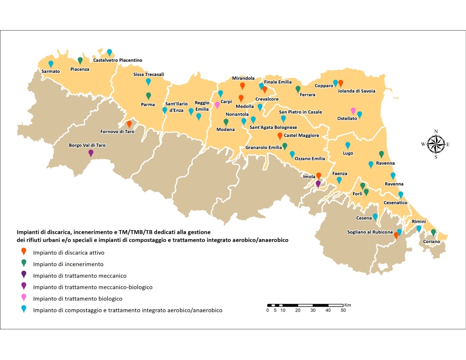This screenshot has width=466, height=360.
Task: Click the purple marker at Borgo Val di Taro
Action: [91, 153]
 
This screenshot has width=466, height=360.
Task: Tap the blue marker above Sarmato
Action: [51, 63]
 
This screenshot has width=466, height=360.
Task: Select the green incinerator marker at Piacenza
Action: [80, 60]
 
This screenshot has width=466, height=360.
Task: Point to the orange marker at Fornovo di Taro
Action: [129, 124]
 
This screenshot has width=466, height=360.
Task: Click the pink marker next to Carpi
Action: [217, 105]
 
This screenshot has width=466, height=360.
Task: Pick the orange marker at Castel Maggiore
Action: [280, 136]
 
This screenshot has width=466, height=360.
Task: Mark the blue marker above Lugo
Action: [348, 145]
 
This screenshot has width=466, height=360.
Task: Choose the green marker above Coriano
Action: [433, 232]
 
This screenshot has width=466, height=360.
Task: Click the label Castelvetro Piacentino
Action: [117, 60]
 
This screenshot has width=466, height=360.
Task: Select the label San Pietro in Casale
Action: [301, 112]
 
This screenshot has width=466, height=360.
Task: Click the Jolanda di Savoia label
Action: [357, 91]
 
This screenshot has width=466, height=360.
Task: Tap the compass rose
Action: [436, 143]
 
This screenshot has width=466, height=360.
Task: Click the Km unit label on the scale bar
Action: [347, 305]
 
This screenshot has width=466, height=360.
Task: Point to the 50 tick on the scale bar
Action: [343, 310]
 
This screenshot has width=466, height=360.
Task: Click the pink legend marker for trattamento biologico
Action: [24, 298]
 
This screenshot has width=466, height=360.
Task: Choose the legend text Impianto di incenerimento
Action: [68, 264]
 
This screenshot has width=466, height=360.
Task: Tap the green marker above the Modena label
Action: [226, 122]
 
